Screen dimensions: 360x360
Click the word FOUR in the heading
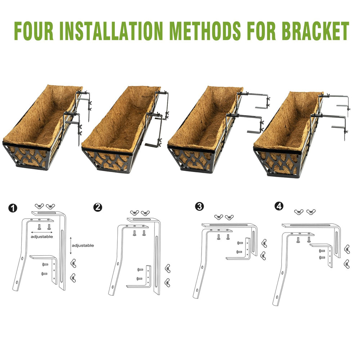34,31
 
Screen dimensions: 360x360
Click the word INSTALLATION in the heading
111,31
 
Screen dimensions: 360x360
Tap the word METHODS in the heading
205,31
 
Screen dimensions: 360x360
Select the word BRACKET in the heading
315,31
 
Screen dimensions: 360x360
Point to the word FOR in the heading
261,31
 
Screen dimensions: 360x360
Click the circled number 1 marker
13,208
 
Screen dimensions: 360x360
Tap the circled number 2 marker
98,207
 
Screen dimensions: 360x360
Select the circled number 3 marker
199,206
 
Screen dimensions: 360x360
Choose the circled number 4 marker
279,206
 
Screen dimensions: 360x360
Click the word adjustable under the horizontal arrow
42,237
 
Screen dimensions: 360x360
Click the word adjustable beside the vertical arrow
83,246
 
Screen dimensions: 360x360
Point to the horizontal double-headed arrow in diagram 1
42,232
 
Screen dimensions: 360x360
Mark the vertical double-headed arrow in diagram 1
71,246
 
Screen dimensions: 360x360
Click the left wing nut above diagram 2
135,213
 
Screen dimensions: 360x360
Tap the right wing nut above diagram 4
311,212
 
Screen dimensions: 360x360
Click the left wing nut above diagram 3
219,217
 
